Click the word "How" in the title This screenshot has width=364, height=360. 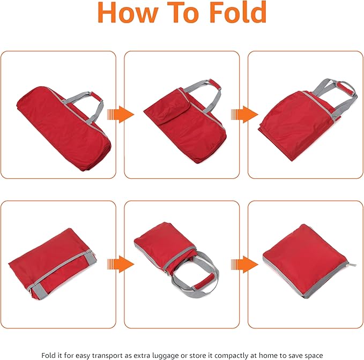tap(128, 12)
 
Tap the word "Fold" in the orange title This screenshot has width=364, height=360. tap(237, 12)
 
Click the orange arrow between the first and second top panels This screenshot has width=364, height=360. tap(121, 114)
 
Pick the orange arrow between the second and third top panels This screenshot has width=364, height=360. tap(244, 114)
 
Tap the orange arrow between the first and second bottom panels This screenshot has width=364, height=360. tap(121, 264)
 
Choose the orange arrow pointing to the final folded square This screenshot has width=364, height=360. tap(244, 264)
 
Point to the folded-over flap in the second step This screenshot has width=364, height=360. tap(168, 107)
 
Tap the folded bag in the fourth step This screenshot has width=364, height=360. tap(52, 264)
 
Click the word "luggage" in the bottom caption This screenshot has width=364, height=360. tap(165, 356)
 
